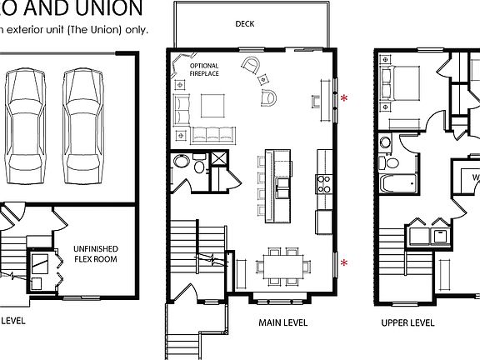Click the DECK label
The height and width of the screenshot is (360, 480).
coord(245,24)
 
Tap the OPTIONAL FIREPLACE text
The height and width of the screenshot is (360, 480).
coord(204,69)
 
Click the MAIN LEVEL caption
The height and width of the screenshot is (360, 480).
coord(260,322)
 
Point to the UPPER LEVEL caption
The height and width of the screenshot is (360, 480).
coord(407,322)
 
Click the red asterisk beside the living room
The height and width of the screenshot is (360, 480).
coord(343,97)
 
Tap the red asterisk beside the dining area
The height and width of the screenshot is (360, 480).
coord(343,262)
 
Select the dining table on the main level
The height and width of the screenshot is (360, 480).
coord(282,264)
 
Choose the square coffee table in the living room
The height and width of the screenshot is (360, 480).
coord(214,105)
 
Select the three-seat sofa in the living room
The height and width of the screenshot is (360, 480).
coord(214,134)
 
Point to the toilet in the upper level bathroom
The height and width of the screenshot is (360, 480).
coord(385,145)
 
